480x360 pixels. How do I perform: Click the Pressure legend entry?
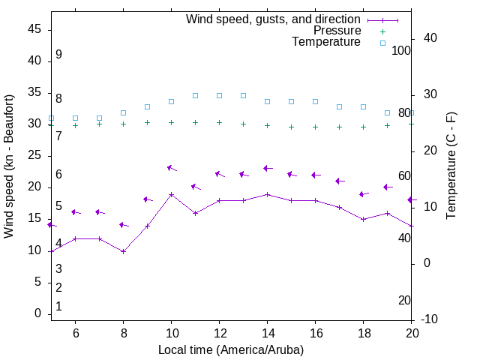click(x=337, y=31)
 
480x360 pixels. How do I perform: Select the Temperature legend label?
click(x=326, y=42)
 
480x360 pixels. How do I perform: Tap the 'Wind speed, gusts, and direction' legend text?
click(x=274, y=19)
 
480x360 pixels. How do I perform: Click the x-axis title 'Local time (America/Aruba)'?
click(x=231, y=349)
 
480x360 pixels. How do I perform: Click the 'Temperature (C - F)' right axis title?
click(x=451, y=166)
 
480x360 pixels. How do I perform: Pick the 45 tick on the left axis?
click(x=35, y=29)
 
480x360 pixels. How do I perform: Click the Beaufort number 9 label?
click(x=58, y=55)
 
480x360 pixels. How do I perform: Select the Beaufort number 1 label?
click(x=58, y=307)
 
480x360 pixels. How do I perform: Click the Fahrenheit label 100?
click(x=401, y=50)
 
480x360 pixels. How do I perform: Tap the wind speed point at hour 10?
click(x=171, y=194)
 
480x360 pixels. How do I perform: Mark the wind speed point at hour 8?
click(x=123, y=251)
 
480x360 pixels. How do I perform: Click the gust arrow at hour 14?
click(x=267, y=169)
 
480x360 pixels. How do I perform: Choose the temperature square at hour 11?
click(x=195, y=95)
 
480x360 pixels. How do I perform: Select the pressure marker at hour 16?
click(x=315, y=127)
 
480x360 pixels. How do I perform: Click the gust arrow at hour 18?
click(x=363, y=194)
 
